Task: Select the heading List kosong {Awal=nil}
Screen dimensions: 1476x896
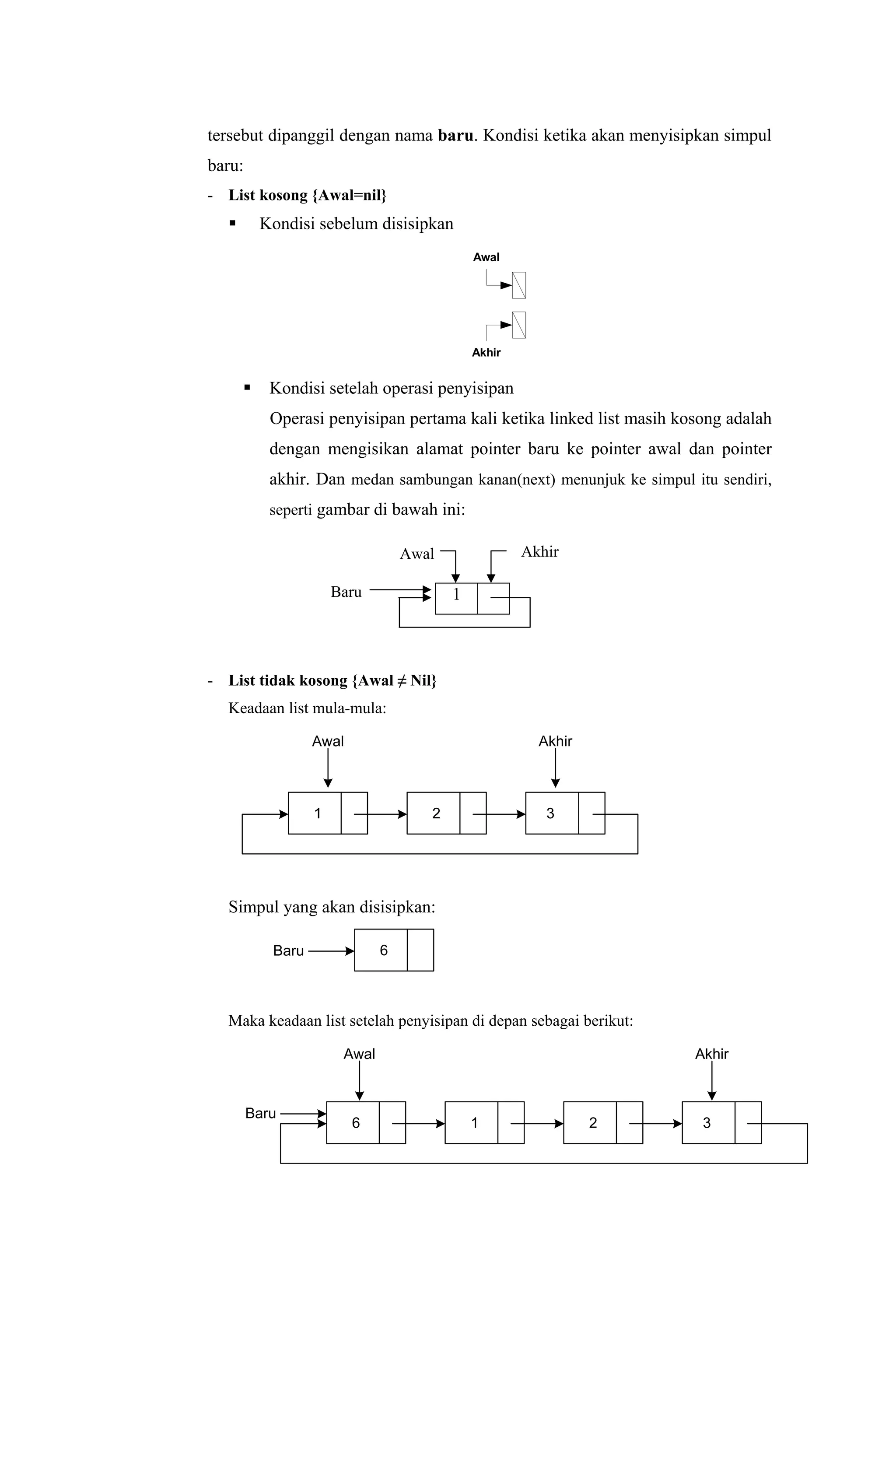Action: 307,195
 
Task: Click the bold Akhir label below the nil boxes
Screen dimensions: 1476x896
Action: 486,353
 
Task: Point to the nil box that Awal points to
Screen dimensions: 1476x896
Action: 519,285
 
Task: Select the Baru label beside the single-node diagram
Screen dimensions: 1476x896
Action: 346,593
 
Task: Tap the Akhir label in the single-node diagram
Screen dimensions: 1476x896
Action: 539,552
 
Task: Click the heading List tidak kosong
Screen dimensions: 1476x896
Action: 332,680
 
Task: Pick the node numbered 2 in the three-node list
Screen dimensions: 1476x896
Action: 446,813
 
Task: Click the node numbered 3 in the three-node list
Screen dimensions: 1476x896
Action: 565,813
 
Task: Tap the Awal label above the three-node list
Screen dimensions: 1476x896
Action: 328,742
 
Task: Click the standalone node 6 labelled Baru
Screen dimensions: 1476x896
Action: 393,950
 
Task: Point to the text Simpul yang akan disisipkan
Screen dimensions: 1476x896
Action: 331,908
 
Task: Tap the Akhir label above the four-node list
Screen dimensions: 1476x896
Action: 711,1054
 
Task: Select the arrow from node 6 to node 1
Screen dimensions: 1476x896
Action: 419,1124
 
